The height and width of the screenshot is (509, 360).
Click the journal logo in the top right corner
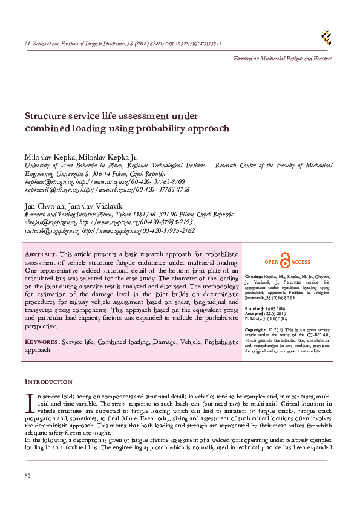[x=326, y=37]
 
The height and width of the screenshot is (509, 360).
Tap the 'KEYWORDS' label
[x=42, y=342]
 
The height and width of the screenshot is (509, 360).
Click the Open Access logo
[x=287, y=261]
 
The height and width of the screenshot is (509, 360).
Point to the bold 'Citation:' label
[x=254, y=274]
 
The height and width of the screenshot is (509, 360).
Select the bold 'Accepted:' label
[x=255, y=314]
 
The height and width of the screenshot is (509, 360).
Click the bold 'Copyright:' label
[x=257, y=330]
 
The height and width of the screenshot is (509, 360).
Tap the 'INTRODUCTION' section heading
[x=48, y=382]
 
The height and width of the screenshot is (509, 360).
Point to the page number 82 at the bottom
[x=27, y=476]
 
